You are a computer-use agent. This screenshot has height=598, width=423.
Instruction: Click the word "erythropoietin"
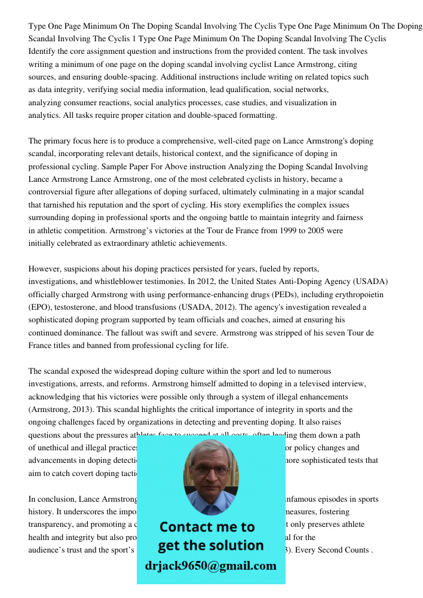pyautogui.click(x=357, y=294)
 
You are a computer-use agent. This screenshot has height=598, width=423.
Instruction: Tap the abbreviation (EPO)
pyautogui.click(x=39, y=307)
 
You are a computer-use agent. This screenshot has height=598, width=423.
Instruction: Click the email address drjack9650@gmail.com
pyautogui.click(x=210, y=566)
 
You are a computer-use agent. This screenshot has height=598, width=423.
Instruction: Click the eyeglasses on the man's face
pyautogui.click(x=210, y=470)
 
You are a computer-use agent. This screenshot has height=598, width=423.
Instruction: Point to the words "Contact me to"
pyautogui.click(x=207, y=527)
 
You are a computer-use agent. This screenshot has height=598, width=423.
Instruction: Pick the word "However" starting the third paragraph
pyautogui.click(x=45, y=269)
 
